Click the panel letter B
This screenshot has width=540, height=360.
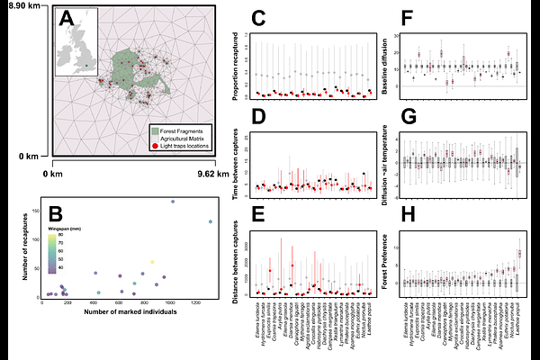(56, 213)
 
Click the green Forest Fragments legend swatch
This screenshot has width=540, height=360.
(155, 129)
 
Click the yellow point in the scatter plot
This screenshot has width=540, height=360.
(151, 262)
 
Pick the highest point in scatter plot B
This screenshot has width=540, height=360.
(173, 202)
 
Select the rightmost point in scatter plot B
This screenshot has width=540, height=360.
(210, 221)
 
